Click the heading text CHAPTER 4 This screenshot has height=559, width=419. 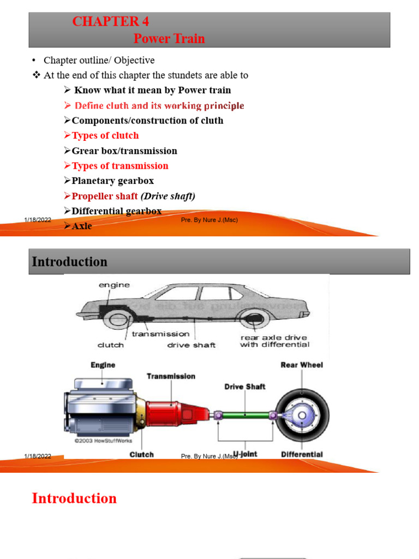pyautogui.click(x=111, y=22)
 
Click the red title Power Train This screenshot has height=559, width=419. pyautogui.click(x=169, y=39)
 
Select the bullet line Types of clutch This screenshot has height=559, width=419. pyautogui.click(x=105, y=135)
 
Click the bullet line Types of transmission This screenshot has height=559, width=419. pyautogui.click(x=120, y=166)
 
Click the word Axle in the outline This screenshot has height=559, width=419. pyautogui.click(x=82, y=225)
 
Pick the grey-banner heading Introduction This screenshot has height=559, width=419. pyautogui.click(x=70, y=262)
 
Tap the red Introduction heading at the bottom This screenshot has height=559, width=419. pyautogui.click(x=74, y=498)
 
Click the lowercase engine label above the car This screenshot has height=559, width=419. pyautogui.click(x=114, y=285)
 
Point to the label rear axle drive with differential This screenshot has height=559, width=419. pyautogui.click(x=274, y=341)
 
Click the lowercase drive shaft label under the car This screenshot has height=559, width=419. pyautogui.click(x=191, y=345)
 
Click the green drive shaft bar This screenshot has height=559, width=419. pyautogui.click(x=245, y=415)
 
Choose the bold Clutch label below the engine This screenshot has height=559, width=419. pyautogui.click(x=141, y=454)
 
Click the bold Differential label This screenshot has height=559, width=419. pyautogui.click(x=302, y=454)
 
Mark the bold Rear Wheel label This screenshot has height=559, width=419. pyautogui.click(x=302, y=365)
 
